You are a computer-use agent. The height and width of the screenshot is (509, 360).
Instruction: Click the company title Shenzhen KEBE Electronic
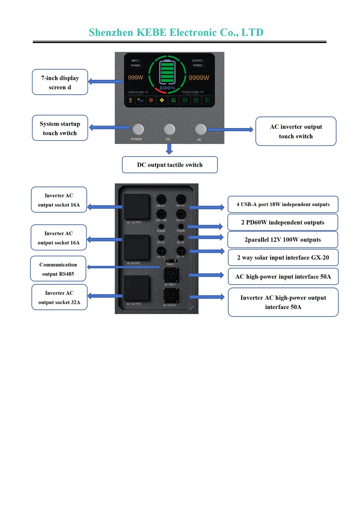[176, 32]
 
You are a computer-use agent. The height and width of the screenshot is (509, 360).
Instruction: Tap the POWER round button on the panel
[138, 129]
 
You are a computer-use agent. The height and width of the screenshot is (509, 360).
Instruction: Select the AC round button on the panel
[200, 129]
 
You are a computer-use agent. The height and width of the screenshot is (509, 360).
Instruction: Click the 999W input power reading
[135, 77]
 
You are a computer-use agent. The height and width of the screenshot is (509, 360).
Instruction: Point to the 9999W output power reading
[199, 78]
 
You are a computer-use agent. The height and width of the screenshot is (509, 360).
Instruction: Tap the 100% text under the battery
[167, 88]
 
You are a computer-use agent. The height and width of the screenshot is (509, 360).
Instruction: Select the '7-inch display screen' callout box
[60, 82]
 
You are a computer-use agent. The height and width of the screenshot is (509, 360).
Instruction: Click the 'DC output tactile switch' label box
[169, 165]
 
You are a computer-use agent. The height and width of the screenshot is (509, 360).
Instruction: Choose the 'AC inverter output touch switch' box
[295, 131]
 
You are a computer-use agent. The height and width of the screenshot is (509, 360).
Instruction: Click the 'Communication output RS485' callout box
[58, 269]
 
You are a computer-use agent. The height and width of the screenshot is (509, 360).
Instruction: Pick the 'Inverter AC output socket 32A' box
[59, 297]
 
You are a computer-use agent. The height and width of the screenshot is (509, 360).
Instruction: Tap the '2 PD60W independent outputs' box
[283, 222]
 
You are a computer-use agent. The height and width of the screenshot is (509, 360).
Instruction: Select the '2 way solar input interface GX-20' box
[283, 258]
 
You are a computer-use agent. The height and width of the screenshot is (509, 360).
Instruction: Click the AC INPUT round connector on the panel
[171, 274]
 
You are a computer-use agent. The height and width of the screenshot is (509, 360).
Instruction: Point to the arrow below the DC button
[169, 149]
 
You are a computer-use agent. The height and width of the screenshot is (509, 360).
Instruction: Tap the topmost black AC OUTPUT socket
[136, 206]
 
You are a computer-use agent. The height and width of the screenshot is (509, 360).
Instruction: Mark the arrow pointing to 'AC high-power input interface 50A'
[206, 275]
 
